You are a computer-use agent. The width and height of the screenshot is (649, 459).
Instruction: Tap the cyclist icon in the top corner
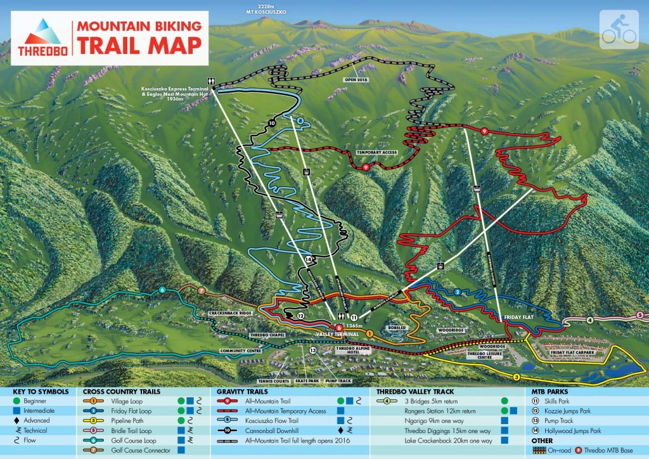point(619,29)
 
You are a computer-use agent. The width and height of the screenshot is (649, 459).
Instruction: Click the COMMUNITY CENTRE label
point(240,350)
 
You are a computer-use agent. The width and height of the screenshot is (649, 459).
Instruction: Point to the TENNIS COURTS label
point(274,381)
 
